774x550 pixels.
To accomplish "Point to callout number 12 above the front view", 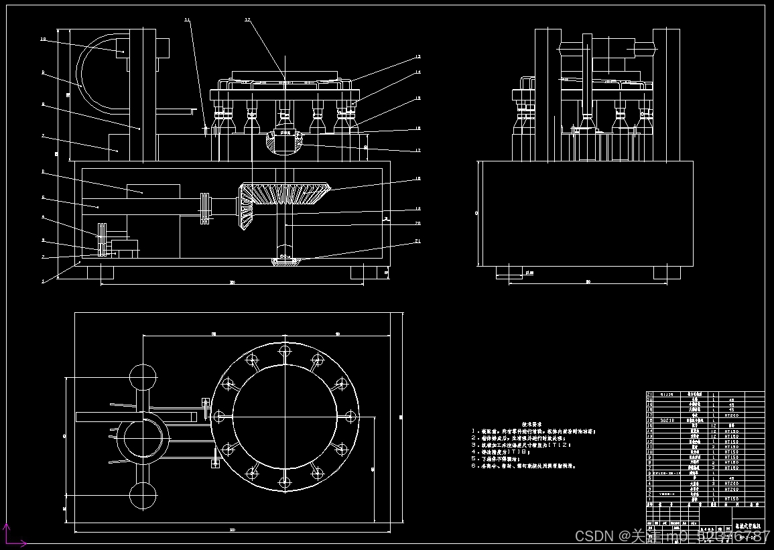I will coord(247,21).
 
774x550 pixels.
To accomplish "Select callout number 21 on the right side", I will coord(417,240).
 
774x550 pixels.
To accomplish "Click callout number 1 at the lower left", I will coord(42,281).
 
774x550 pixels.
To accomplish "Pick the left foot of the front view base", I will coord(101,271).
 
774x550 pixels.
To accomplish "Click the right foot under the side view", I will coord(667,272).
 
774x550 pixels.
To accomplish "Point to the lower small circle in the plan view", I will coord(143,497).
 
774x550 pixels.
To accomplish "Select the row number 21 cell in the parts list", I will coord(649,395).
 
